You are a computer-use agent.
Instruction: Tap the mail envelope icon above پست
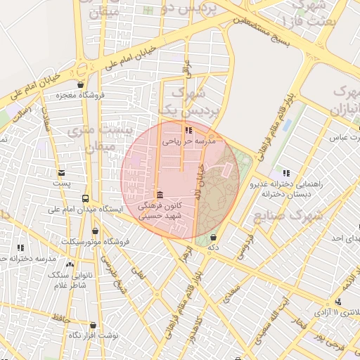pyautogui.click(x=62, y=172)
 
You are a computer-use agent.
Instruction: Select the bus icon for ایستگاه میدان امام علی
pyautogui.click(x=85, y=199)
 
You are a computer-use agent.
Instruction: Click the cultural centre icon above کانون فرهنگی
pyautogui.click(x=160, y=195)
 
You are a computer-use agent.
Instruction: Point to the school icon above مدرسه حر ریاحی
pyautogui.click(x=188, y=130)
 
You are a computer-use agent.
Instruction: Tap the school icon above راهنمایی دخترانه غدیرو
pyautogui.click(x=285, y=173)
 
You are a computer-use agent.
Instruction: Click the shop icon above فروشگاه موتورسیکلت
pyautogui.click(x=96, y=231)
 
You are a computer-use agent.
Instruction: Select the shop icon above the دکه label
pyautogui.click(x=213, y=238)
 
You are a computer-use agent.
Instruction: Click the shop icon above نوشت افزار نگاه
pyautogui.click(x=93, y=326)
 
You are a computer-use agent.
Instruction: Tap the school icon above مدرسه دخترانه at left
pyautogui.click(x=20, y=247)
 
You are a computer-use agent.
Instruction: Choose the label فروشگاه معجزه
pyautogui.click(x=79, y=95)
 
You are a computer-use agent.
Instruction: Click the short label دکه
pyautogui.click(x=212, y=247)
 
